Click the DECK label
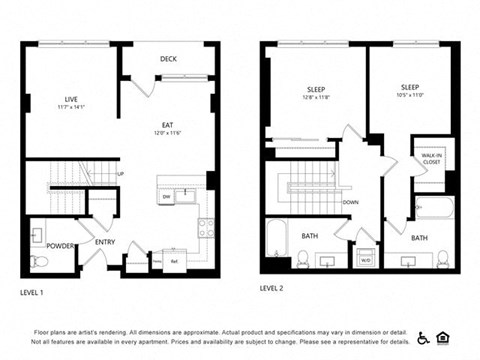[x=168, y=59]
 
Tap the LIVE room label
[x=71, y=99]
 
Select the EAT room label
[x=168, y=126]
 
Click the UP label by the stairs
[x=121, y=174]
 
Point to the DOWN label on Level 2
[x=350, y=202]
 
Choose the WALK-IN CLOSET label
[x=430, y=157]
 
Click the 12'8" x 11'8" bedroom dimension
[x=316, y=97]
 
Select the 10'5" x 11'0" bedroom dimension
[x=410, y=97]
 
